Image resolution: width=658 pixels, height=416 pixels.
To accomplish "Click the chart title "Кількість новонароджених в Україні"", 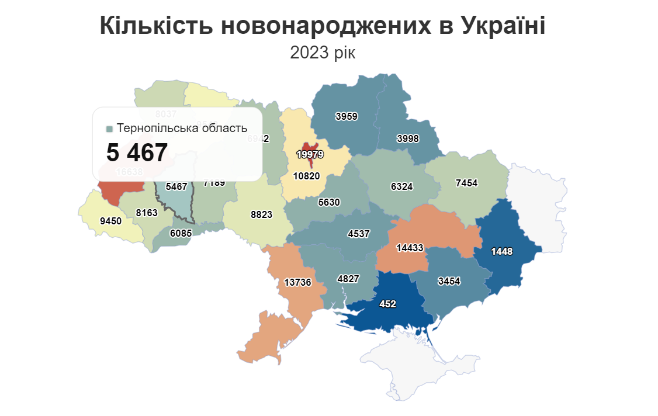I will [323, 26].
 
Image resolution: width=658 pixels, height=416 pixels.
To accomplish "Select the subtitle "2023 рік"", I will [323, 53].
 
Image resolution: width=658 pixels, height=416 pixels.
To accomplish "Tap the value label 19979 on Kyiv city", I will [311, 154].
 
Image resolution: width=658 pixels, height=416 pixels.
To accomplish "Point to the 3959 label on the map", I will [347, 116].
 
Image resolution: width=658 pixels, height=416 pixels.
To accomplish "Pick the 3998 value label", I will [408, 138].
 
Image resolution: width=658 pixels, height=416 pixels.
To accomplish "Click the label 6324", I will [402, 187].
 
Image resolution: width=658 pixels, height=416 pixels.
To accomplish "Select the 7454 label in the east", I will [466, 183].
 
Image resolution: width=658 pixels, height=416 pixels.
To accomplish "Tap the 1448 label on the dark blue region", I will [501, 251].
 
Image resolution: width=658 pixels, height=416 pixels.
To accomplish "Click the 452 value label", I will [387, 304].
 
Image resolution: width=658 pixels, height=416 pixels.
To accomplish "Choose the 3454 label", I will [449, 281].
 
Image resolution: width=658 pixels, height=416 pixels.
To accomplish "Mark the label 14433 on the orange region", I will [410, 248].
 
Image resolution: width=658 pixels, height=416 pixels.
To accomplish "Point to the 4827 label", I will [349, 279].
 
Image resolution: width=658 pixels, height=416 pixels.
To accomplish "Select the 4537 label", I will [359, 234].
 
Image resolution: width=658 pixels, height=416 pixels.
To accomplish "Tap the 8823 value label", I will [261, 214].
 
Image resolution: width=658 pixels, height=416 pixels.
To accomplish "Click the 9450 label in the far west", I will [110, 221].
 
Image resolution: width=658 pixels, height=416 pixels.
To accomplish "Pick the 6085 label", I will [181, 233].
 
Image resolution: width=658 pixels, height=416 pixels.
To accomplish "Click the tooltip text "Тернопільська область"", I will [182, 128].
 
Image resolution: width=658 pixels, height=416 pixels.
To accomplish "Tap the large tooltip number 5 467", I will [137, 153].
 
